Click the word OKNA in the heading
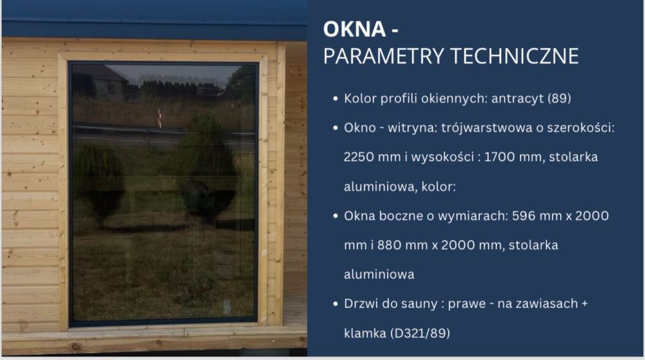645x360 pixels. (348, 28)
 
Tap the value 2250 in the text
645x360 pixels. (359, 157)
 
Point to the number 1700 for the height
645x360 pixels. (486, 157)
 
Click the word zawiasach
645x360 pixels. (542, 304)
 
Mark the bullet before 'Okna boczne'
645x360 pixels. (335, 216)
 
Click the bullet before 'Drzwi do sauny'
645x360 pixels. (335, 304)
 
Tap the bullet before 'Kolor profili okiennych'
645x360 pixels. (335, 99)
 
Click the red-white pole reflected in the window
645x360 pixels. (159, 117)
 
